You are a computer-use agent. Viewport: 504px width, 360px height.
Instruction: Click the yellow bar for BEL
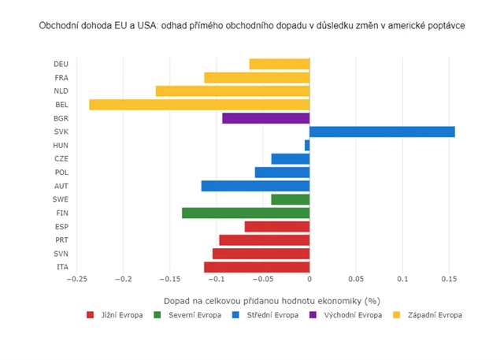click(x=199, y=105)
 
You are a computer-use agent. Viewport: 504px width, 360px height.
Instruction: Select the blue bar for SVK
click(x=382, y=132)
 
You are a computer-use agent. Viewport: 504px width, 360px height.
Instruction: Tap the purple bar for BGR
click(x=265, y=118)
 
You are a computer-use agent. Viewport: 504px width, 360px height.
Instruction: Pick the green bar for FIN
click(x=246, y=213)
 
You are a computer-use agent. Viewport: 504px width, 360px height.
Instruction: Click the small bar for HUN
click(x=307, y=145)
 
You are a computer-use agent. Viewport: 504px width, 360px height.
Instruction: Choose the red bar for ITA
click(x=257, y=267)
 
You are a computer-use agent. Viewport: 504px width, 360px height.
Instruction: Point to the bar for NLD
click(x=232, y=91)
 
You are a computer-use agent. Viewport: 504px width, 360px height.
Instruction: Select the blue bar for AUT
click(x=255, y=186)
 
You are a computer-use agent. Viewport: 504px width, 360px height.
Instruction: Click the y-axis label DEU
click(x=61, y=65)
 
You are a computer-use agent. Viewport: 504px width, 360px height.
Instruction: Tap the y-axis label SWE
click(x=61, y=199)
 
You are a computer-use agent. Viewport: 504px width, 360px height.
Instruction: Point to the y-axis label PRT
click(x=61, y=240)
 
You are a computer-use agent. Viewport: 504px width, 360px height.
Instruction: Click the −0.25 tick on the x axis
click(x=77, y=279)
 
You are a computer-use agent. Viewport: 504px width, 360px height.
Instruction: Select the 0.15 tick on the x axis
click(x=448, y=279)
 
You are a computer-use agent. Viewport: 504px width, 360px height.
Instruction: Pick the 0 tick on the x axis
click(x=309, y=279)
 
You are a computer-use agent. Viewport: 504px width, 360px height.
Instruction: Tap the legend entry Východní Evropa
click(x=353, y=315)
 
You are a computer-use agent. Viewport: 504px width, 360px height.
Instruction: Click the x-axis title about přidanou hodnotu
click(x=272, y=301)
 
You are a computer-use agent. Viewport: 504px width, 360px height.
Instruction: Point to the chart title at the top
click(x=252, y=26)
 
